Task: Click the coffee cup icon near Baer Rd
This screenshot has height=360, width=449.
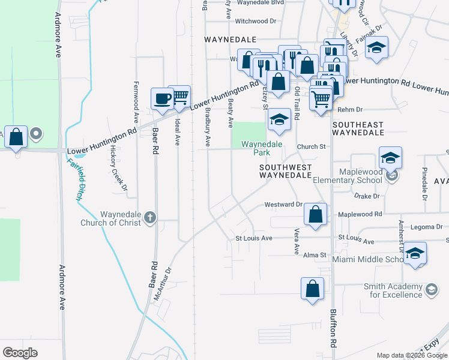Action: pyautogui.click(x=162, y=98)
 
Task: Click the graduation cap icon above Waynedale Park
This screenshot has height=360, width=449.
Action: pyautogui.click(x=279, y=120)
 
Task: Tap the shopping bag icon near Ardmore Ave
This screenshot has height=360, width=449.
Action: pyautogui.click(x=16, y=137)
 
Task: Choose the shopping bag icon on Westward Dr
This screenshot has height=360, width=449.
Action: pyautogui.click(x=315, y=215)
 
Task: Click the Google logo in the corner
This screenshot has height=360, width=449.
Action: pyautogui.click(x=20, y=352)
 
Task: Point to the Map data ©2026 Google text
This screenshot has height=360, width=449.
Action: pyautogui.click(x=411, y=355)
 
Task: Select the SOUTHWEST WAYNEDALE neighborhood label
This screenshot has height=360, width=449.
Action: pyautogui.click(x=285, y=170)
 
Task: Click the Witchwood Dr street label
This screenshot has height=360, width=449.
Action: pyautogui.click(x=256, y=21)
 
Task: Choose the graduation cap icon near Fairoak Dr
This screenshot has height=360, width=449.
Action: pyautogui.click(x=376, y=48)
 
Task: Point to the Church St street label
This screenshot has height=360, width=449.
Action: pyautogui.click(x=311, y=146)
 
